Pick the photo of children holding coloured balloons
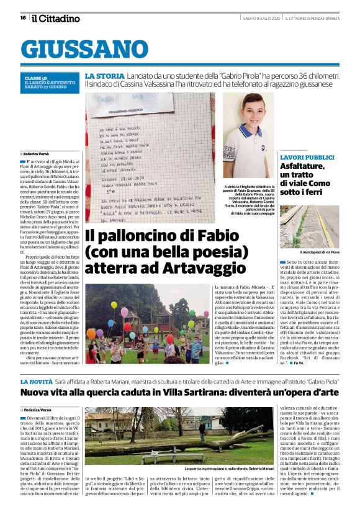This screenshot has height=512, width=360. click(148, 324)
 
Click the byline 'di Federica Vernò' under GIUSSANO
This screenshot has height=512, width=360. click(36, 153)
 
